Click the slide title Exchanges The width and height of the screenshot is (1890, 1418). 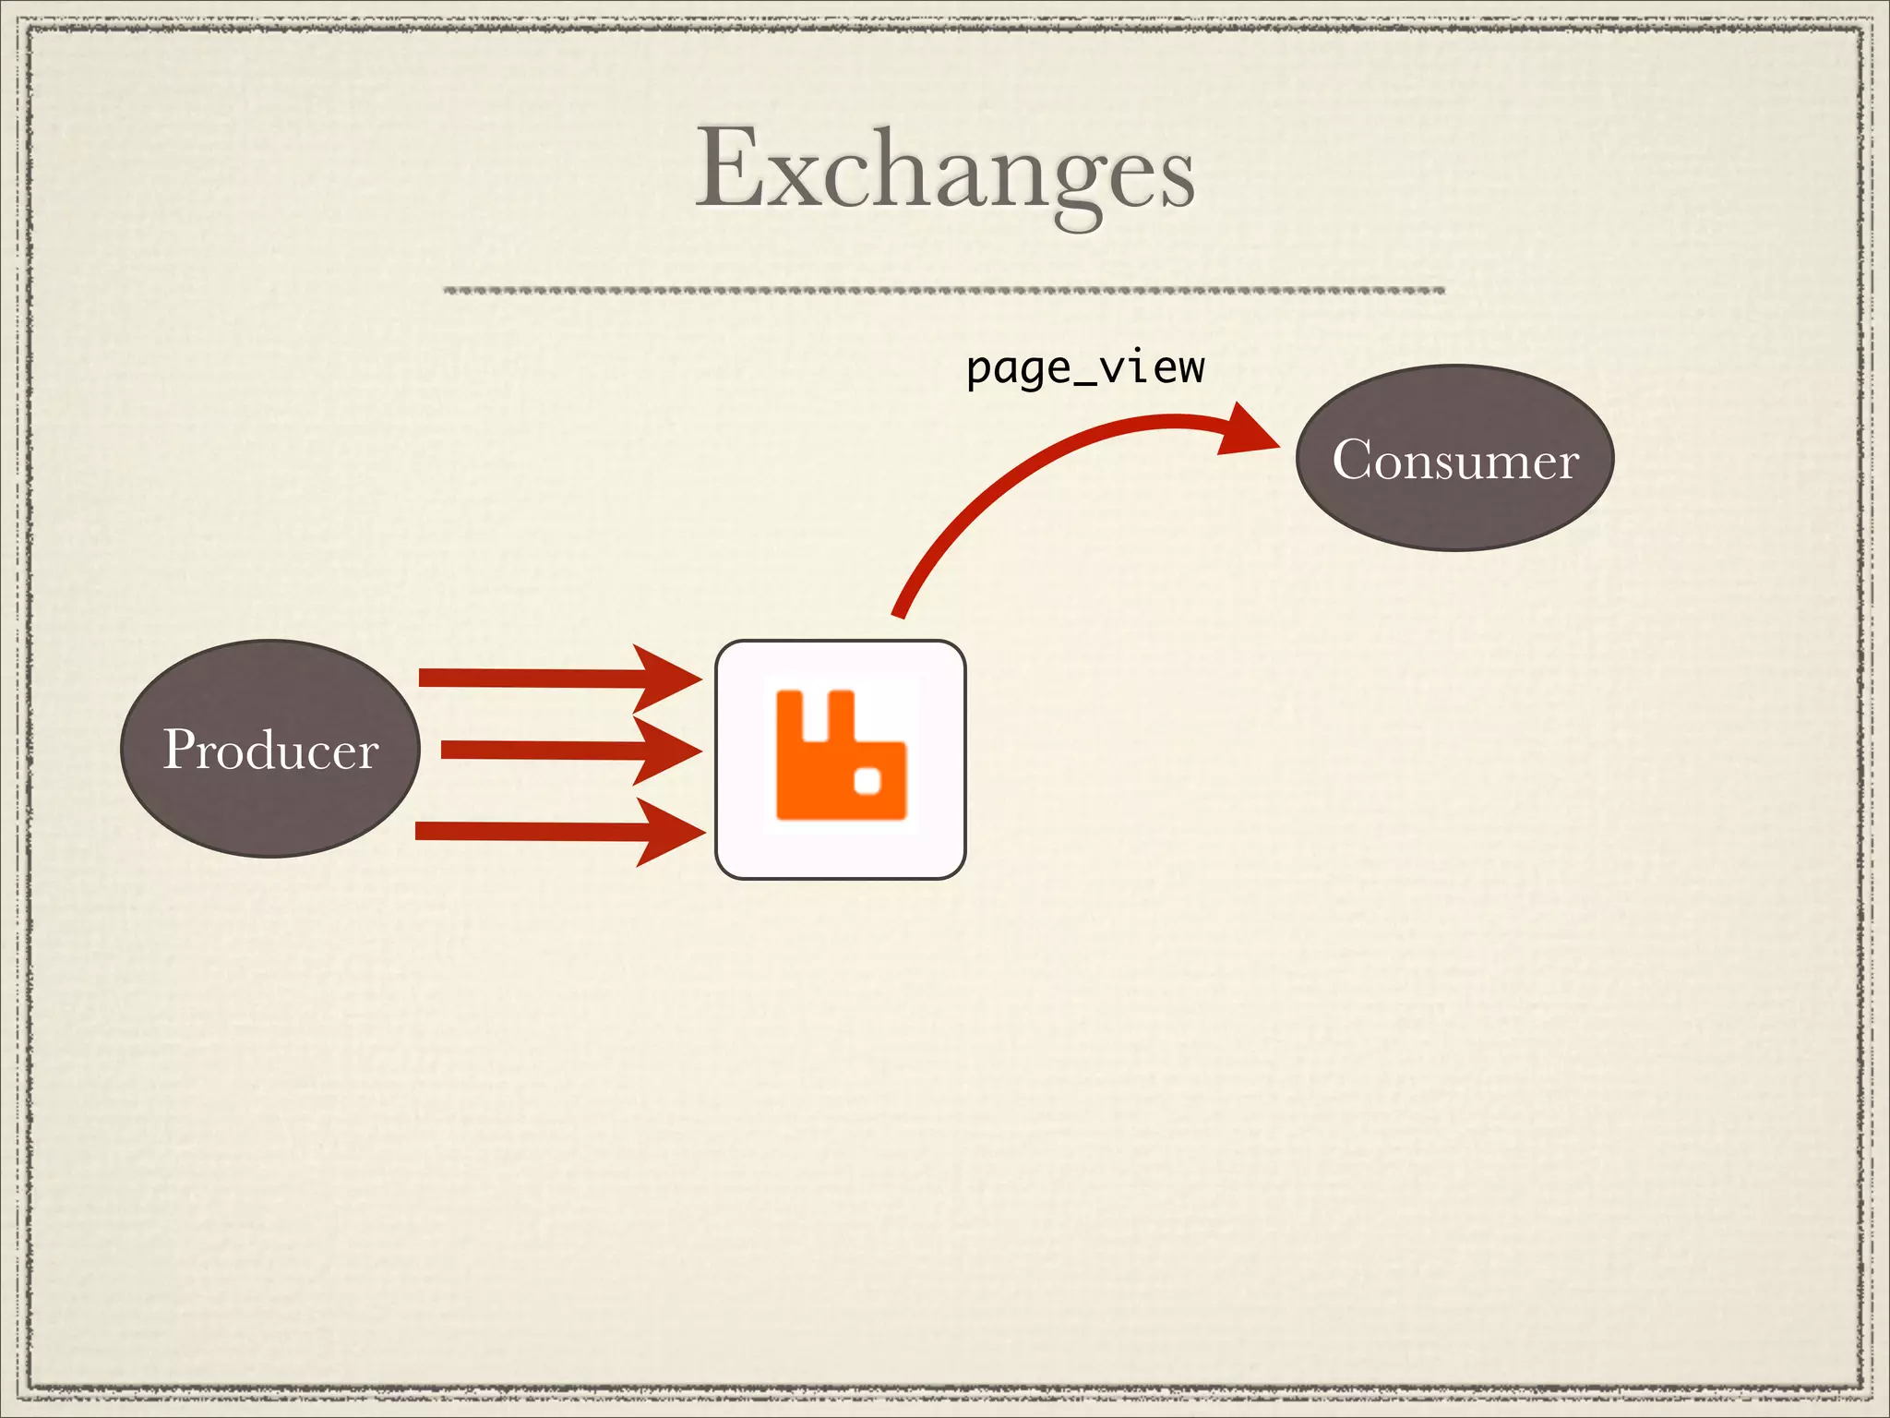945,171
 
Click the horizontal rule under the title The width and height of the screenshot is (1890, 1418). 943,291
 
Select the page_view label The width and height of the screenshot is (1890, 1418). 1085,369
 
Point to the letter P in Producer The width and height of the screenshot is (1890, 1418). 180,749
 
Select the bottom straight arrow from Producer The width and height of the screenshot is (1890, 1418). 526,832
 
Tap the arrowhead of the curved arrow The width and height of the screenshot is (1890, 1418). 1248,430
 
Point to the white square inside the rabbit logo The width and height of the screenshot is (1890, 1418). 867,783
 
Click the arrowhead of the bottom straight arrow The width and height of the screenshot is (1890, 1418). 670,833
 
